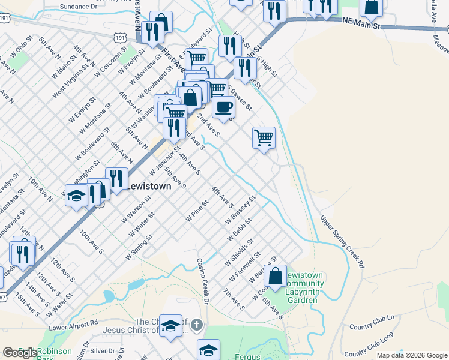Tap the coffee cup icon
pyautogui.click(x=223, y=107)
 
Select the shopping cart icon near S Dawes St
pyautogui.click(x=264, y=138)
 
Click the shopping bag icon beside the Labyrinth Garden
pyautogui.click(x=276, y=276)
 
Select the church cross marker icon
pyautogui.click(x=198, y=326)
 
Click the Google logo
pyautogui.click(x=20, y=353)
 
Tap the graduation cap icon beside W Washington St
pyautogui.click(x=76, y=196)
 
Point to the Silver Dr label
pyautogui.click(x=103, y=350)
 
